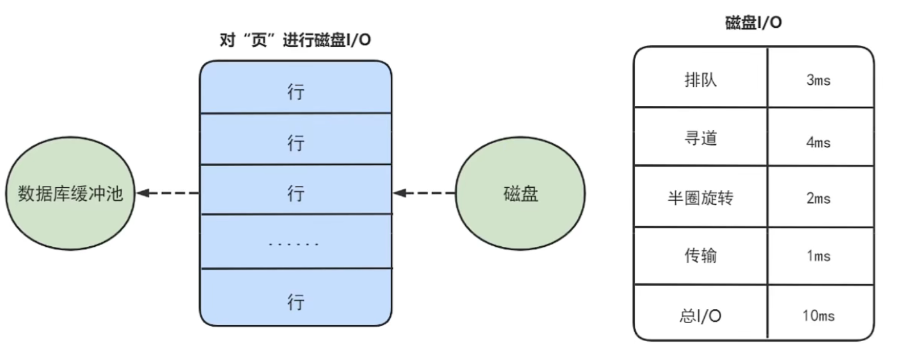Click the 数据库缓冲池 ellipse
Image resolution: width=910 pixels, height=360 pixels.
point(70,193)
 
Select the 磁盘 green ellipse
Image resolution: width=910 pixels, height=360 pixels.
point(520,193)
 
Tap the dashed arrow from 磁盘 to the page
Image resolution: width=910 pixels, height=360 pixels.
point(424,193)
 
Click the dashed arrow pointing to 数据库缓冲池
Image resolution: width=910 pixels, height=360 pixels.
point(168,193)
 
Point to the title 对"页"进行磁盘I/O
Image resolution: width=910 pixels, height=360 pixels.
point(295,40)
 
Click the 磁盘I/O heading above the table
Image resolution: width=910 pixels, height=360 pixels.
point(753,23)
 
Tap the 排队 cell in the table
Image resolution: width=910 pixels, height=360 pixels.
point(700,80)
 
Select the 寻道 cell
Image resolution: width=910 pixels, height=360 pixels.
point(700,138)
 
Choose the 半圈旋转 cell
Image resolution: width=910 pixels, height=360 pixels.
point(700,198)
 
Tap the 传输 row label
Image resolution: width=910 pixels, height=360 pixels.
point(700,255)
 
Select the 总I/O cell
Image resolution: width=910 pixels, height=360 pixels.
point(700,315)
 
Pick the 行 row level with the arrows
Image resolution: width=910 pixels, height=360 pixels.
point(295,193)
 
